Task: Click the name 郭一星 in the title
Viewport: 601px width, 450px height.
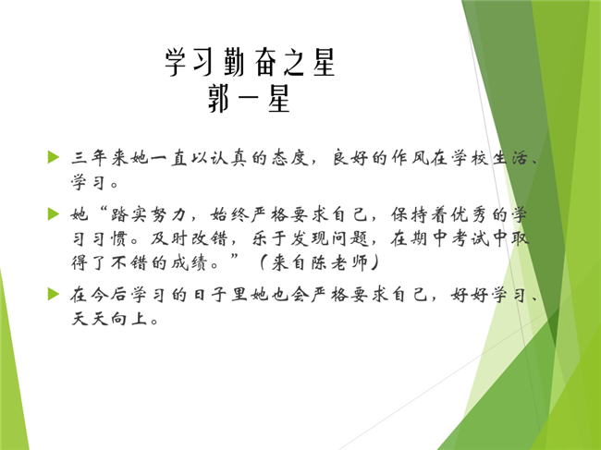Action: [249, 99]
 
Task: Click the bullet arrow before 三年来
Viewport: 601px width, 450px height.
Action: [54, 157]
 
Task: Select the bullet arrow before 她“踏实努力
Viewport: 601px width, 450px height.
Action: [54, 214]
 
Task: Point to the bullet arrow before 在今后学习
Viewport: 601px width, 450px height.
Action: [54, 295]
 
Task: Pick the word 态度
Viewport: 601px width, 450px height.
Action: [289, 157]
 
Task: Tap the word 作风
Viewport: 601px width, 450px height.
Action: [410, 157]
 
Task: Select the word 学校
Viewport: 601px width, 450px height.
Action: [470, 157]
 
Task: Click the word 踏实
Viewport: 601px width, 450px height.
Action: [129, 215]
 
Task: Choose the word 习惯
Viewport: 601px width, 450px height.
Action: [109, 239]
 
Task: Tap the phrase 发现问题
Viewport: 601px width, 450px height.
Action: [330, 239]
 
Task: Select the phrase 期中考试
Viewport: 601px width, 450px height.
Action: [449, 239]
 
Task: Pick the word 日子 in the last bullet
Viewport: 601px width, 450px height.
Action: [209, 296]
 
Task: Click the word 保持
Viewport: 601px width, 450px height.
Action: [410, 215]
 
